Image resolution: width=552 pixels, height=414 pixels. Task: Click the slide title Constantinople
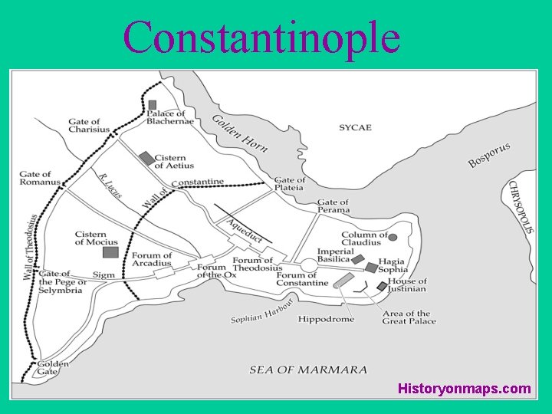[x=261, y=36]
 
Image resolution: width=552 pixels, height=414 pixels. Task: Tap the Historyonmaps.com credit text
[x=464, y=389]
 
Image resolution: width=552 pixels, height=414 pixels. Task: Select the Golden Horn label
[x=240, y=133]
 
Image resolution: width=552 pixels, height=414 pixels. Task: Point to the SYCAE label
[x=356, y=127]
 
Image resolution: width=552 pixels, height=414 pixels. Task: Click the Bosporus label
[x=489, y=155]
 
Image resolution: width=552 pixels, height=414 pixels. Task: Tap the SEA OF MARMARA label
[x=308, y=370]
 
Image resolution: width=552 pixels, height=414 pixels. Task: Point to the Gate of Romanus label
[x=40, y=179]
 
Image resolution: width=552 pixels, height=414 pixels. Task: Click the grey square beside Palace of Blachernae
[x=153, y=104]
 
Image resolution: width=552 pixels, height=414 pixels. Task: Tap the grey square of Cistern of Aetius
[x=146, y=158]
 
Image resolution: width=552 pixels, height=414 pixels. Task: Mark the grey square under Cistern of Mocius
[x=110, y=252]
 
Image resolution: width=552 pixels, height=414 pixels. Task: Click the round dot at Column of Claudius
[x=393, y=237]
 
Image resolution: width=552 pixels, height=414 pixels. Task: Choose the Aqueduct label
[x=244, y=230]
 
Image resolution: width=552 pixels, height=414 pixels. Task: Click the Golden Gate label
[x=53, y=369]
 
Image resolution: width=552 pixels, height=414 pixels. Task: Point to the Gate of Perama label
[x=333, y=206]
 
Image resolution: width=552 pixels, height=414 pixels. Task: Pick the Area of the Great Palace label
[x=409, y=317]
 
